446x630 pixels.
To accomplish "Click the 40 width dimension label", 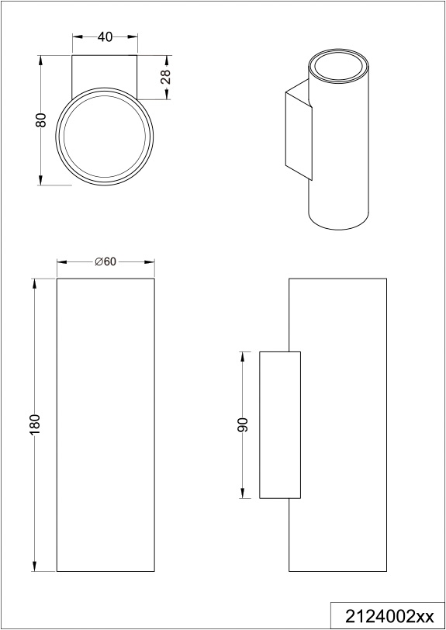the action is (105, 37).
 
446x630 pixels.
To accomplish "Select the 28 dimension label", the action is (166, 77).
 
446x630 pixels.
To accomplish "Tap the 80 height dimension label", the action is (41, 120).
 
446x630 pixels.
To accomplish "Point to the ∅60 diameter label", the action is (105, 261).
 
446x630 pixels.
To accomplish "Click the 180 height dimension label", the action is (36, 424).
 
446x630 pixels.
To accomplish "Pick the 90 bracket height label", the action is (243, 424).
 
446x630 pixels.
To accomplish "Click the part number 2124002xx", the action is (390, 616).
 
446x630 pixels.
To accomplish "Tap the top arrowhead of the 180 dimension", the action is (35, 283).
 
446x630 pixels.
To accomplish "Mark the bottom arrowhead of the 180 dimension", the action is (35, 566).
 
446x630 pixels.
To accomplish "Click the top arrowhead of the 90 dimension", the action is (243, 357).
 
